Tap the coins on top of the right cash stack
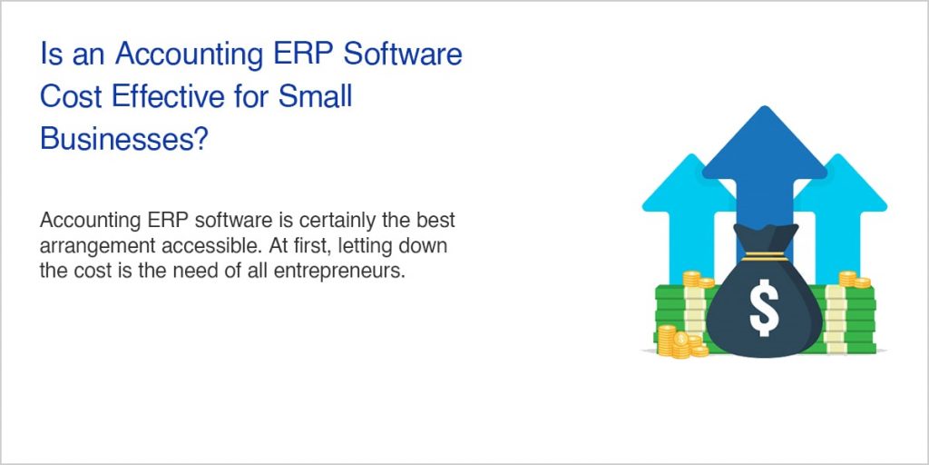pos(853,279)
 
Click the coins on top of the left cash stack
pos(697,279)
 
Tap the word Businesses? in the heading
pos(124,138)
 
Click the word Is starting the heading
pos(51,54)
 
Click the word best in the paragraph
pos(436,221)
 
